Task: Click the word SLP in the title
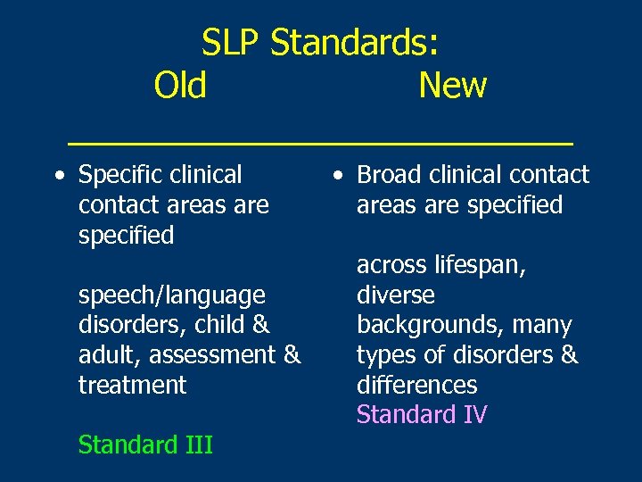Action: pyautogui.click(x=232, y=42)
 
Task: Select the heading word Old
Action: pyautogui.click(x=180, y=86)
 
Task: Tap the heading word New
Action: pyautogui.click(x=452, y=86)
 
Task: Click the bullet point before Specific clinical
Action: pyautogui.click(x=58, y=176)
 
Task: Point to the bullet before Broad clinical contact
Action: pyautogui.click(x=336, y=176)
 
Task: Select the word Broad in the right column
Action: pyautogui.click(x=389, y=175)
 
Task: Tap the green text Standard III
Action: pyautogui.click(x=145, y=445)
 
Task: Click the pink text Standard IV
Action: pyautogui.click(x=422, y=415)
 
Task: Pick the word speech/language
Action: pyautogui.click(x=172, y=295)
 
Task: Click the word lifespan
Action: pyautogui.click(x=477, y=265)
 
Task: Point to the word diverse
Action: pyautogui.click(x=396, y=295)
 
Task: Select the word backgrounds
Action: pyautogui.click(x=431, y=325)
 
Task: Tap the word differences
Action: pyautogui.click(x=416, y=385)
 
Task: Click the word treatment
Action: pyautogui.click(x=133, y=385)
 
